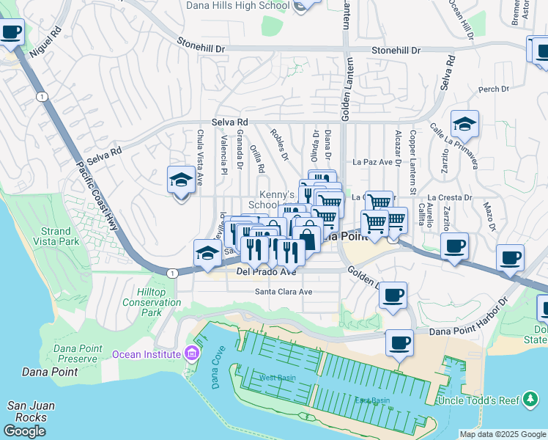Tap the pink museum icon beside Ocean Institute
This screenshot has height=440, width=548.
click(x=192, y=354)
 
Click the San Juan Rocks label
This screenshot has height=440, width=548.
click(x=27, y=411)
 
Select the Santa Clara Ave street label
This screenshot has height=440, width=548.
click(x=284, y=291)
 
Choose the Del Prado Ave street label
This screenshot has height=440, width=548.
click(x=265, y=272)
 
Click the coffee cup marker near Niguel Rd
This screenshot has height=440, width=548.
click(x=12, y=32)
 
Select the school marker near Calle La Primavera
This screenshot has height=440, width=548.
click(x=464, y=125)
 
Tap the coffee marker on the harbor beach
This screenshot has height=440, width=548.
click(x=399, y=342)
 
